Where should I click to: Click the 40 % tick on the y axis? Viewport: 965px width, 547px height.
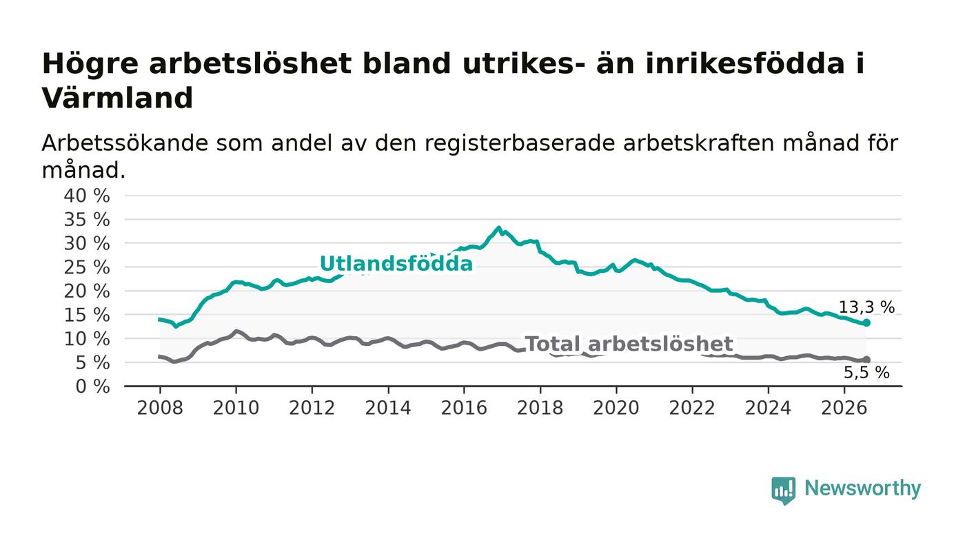click(x=87, y=196)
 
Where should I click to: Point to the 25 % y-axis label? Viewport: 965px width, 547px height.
click(x=87, y=268)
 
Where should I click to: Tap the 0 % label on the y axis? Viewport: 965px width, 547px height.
click(x=92, y=386)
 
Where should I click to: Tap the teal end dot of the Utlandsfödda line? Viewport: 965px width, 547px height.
click(x=866, y=322)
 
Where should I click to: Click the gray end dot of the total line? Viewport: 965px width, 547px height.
click(x=866, y=360)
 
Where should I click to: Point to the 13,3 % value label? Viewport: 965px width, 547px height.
click(x=866, y=307)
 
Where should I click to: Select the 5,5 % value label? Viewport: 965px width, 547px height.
click(x=866, y=373)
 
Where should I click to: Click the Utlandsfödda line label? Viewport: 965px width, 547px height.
click(x=396, y=264)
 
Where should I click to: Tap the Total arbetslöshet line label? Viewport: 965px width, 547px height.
click(x=629, y=344)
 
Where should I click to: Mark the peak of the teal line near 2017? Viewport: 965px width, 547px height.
click(x=499, y=227)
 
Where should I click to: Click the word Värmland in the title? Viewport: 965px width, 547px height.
click(x=117, y=99)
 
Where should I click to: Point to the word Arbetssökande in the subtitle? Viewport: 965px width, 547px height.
click(x=125, y=143)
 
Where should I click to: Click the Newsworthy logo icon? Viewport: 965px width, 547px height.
click(x=783, y=491)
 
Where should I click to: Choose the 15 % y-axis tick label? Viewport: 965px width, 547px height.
click(x=87, y=316)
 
